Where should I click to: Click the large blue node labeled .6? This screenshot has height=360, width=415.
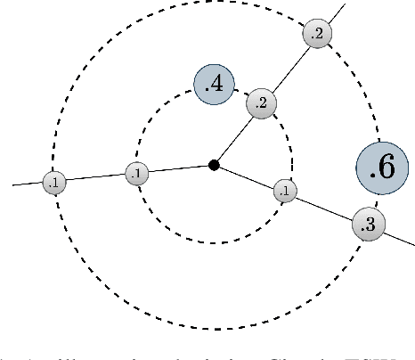pyautogui.click(x=382, y=170)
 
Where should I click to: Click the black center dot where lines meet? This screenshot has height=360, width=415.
pyautogui.click(x=214, y=165)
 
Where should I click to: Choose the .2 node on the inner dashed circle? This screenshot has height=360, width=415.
pyautogui.click(x=261, y=103)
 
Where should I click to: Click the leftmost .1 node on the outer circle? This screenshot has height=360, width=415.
pyautogui.click(x=54, y=183)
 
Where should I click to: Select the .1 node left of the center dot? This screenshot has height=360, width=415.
pyautogui.click(x=136, y=174)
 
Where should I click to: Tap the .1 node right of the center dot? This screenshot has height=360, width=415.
pyautogui.click(x=285, y=191)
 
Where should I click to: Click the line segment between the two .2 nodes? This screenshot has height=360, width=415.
pyautogui.click(x=289, y=69)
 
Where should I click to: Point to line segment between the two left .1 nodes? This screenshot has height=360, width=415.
pyautogui.click(x=95, y=178)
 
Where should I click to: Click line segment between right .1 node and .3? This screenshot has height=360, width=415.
pyautogui.click(x=324, y=208)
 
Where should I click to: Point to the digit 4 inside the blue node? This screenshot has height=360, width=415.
pyautogui.click(x=218, y=86)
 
